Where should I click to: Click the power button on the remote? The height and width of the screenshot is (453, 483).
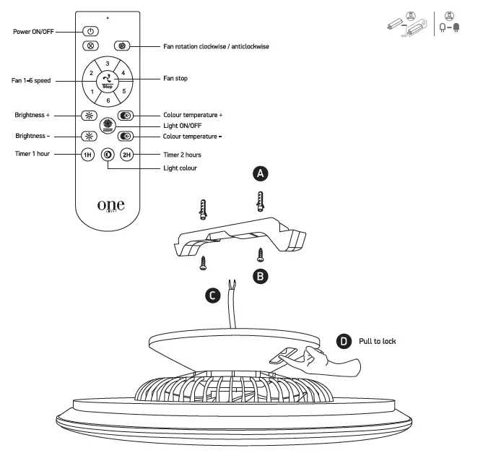pyautogui.click(x=90, y=32)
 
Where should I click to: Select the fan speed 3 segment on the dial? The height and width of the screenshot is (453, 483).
pyautogui.click(x=107, y=64)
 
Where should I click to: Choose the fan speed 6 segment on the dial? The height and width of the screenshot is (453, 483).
pyautogui.click(x=107, y=100)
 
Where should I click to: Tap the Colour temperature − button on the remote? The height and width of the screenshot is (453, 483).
pyautogui.click(x=125, y=136)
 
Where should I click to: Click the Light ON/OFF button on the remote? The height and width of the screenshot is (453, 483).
pyautogui.click(x=107, y=126)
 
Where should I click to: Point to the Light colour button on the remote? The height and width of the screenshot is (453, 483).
pyautogui.click(x=108, y=155)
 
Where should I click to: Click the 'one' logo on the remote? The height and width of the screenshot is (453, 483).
pyautogui.click(x=110, y=204)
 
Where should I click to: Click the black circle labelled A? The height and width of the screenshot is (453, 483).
pyautogui.click(x=261, y=173)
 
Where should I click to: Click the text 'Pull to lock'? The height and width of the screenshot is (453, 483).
pyautogui.click(x=377, y=341)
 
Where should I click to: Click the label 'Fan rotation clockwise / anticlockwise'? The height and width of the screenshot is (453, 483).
pyautogui.click(x=215, y=46)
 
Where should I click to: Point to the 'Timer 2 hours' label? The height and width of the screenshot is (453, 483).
pyautogui.click(x=182, y=155)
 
